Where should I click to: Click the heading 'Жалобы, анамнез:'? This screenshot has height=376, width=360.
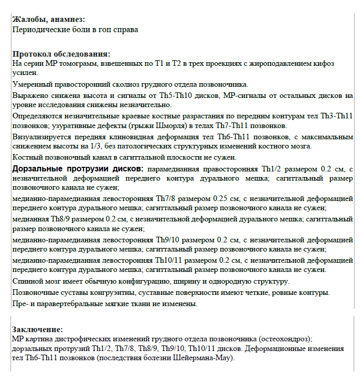pos(48,20)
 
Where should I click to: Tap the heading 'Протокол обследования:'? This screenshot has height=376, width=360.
pos(61,54)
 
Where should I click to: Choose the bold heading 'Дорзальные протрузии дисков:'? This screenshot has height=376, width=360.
pos(79,168)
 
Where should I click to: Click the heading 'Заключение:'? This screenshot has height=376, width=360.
pos(38,329)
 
